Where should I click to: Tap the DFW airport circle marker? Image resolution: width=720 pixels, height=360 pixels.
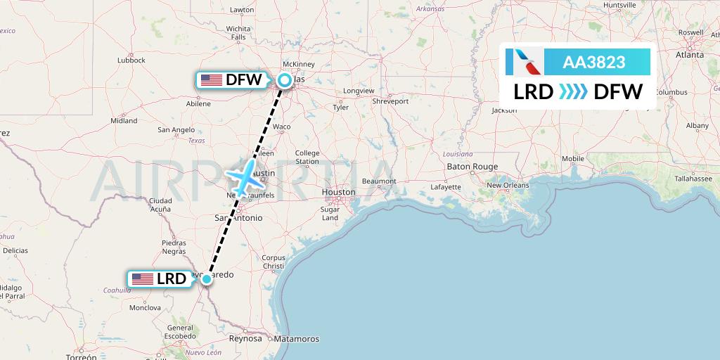pyautogui.click(x=284, y=80)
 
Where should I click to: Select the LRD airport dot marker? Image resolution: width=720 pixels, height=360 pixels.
pyautogui.click(x=207, y=279)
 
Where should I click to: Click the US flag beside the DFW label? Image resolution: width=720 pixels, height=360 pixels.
pyautogui.click(x=211, y=80)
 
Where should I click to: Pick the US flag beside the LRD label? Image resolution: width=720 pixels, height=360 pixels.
pyautogui.click(x=143, y=279)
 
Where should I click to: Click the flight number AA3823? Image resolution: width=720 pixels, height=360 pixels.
pyautogui.click(x=594, y=63)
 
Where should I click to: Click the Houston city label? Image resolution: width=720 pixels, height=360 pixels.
pyautogui.click(x=339, y=192)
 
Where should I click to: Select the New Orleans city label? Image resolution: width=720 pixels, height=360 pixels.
pyautogui.click(x=508, y=186)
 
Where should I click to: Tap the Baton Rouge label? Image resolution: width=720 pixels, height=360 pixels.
pyautogui.click(x=472, y=167)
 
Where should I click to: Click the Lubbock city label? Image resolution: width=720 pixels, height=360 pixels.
pyautogui.click(x=131, y=60)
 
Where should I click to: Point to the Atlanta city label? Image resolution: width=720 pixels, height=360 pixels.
pyautogui.click(x=690, y=54)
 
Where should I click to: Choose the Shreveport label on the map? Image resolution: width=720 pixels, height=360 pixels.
pyautogui.click(x=390, y=101)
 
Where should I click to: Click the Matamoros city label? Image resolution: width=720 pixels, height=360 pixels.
pyautogui.click(x=297, y=339)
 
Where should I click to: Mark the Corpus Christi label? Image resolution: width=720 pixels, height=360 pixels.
pyautogui.click(x=274, y=262)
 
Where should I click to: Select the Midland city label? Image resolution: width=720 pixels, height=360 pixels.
pyautogui.click(x=124, y=121)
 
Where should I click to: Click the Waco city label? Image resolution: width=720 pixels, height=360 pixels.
pyautogui.click(x=281, y=127)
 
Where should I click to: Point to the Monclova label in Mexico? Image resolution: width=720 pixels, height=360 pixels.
pyautogui.click(x=145, y=308)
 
